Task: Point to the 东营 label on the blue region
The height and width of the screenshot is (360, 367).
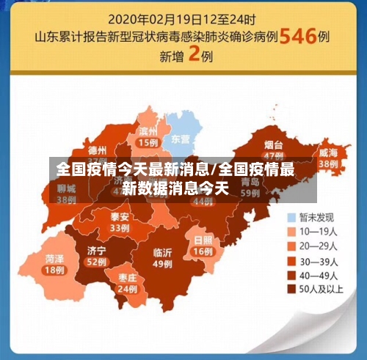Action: click(181, 139)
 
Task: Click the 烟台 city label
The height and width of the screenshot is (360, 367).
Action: click(274, 144)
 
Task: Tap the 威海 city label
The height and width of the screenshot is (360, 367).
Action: click(328, 153)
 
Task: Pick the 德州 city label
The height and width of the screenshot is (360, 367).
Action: click(97, 149)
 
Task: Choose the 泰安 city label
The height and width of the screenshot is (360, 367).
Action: click(120, 217)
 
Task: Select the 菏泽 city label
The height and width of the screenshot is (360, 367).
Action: click(54, 259)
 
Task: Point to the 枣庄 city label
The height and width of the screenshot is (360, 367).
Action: click(127, 278)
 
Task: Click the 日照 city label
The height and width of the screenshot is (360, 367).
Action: click(203, 240)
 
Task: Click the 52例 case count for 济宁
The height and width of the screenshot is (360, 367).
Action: click(96, 262)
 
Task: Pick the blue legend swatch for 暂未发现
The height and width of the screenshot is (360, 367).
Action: click(291, 217)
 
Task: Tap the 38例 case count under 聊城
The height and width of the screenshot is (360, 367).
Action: click(67, 199)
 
